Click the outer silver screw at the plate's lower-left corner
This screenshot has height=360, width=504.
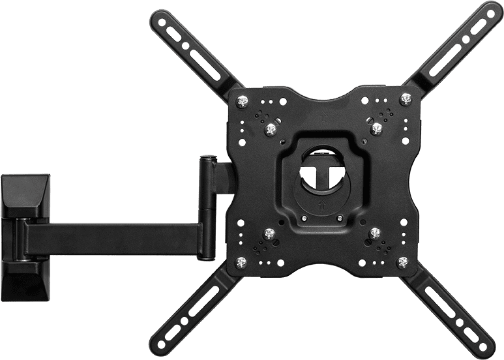tap(240, 262)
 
